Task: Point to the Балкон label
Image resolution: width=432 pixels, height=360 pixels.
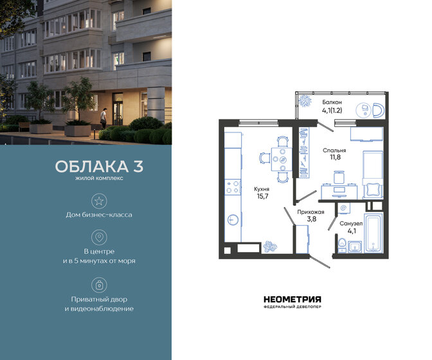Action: [332, 102]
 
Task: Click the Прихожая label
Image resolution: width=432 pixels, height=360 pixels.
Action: [310, 211]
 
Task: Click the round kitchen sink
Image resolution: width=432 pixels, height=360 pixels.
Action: [233, 219]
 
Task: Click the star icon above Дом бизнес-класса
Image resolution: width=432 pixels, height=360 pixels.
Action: [99, 201]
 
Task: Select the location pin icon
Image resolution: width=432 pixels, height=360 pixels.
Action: [99, 237]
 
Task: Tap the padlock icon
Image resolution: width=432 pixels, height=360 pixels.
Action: [99, 283]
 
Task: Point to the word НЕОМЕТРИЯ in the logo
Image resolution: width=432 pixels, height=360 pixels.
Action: [292, 298]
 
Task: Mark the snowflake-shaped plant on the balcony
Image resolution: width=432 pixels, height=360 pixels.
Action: [305, 100]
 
